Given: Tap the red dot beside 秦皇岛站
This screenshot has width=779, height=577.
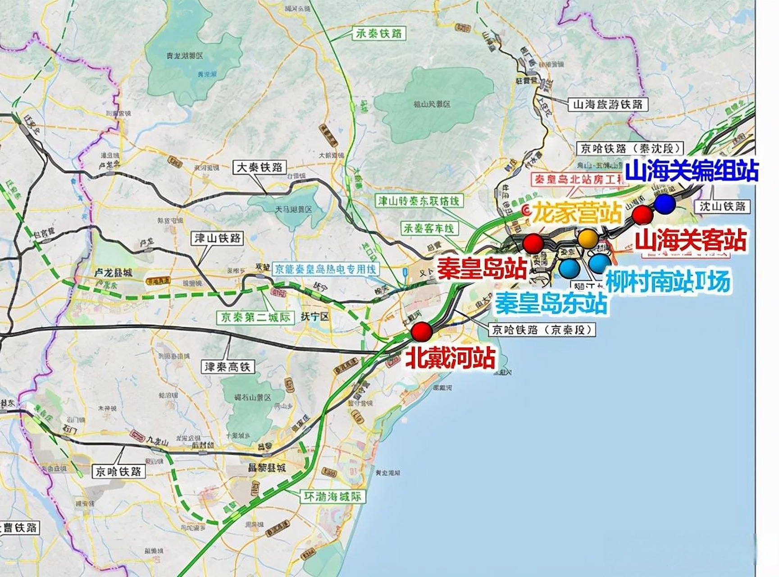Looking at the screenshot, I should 533,243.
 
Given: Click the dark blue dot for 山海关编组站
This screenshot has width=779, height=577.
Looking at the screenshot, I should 665,204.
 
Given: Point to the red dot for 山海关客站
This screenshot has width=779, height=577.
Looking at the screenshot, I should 642,215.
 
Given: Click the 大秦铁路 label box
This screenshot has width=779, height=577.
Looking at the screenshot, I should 260,168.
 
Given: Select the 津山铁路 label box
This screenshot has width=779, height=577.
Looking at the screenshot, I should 217,238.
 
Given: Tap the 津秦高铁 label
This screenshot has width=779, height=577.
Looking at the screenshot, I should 228,367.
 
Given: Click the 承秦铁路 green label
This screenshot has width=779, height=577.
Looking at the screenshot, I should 378,33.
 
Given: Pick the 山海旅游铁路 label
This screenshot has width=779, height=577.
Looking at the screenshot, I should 607,105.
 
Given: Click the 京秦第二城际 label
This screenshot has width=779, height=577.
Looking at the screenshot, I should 255,317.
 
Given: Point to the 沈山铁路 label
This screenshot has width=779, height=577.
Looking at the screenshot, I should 723,206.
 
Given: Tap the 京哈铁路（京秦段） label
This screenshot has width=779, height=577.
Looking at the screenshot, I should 542,330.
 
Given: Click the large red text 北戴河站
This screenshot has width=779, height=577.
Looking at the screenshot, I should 451,358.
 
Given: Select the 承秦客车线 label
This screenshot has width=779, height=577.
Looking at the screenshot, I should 429,228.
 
